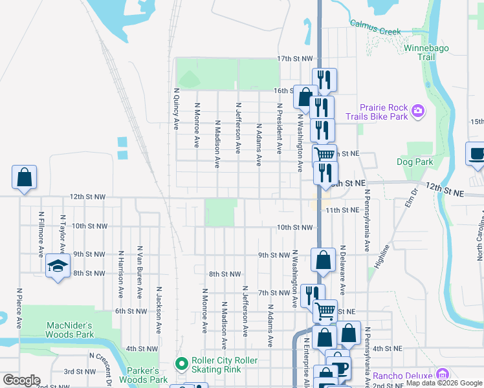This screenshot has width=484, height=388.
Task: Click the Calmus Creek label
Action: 376,27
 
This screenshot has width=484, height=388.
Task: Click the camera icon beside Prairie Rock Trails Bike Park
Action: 418,111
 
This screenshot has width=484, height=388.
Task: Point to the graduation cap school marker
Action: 58,266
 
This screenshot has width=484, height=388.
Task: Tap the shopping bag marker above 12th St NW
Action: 24,178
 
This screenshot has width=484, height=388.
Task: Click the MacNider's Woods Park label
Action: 69,330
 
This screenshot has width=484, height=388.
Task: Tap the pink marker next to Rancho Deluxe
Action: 443,374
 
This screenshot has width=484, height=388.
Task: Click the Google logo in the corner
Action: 21,380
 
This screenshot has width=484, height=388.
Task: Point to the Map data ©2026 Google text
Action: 444,383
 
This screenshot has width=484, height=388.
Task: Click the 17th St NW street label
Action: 295,58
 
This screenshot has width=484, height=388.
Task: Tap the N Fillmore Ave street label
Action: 40,233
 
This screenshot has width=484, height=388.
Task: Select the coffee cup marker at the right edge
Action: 476,155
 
